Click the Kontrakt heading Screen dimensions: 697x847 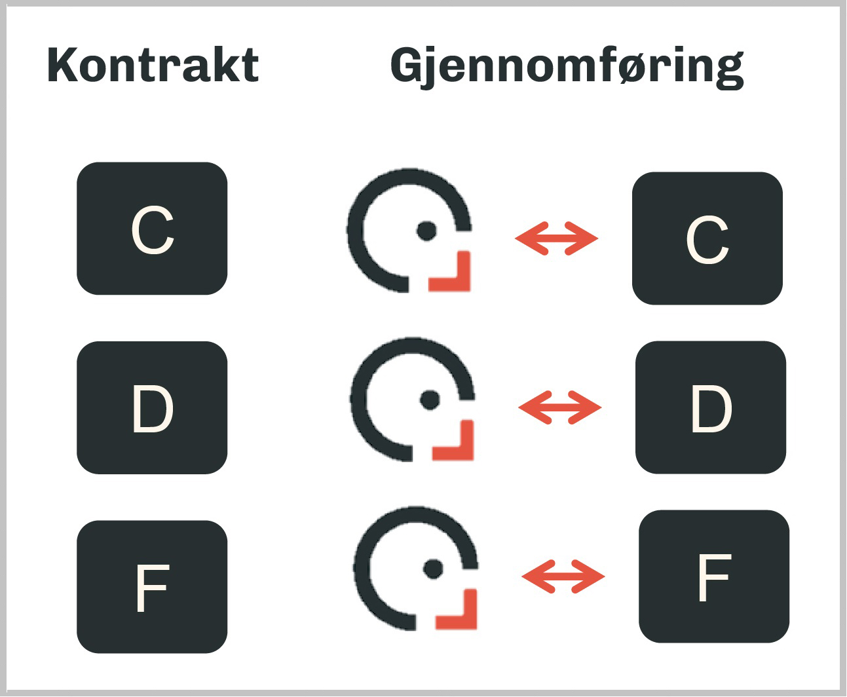tap(153, 65)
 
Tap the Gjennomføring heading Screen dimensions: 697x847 tap(567, 66)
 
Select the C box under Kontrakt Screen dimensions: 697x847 tap(152, 229)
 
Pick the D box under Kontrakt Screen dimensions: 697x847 tap(152, 407)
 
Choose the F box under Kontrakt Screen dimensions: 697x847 tap(152, 587)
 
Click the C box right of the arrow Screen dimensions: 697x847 tap(707, 238)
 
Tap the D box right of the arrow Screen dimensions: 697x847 tap(711, 407)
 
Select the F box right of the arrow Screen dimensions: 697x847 tap(714, 576)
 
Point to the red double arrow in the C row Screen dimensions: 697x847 tap(556, 238)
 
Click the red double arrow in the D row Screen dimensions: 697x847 tap(559, 407)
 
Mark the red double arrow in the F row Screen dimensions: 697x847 tap(563, 576)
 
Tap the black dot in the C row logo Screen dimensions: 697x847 tap(427, 231)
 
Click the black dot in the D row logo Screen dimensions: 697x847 tap(430, 400)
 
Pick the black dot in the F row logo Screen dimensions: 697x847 tap(433, 569)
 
